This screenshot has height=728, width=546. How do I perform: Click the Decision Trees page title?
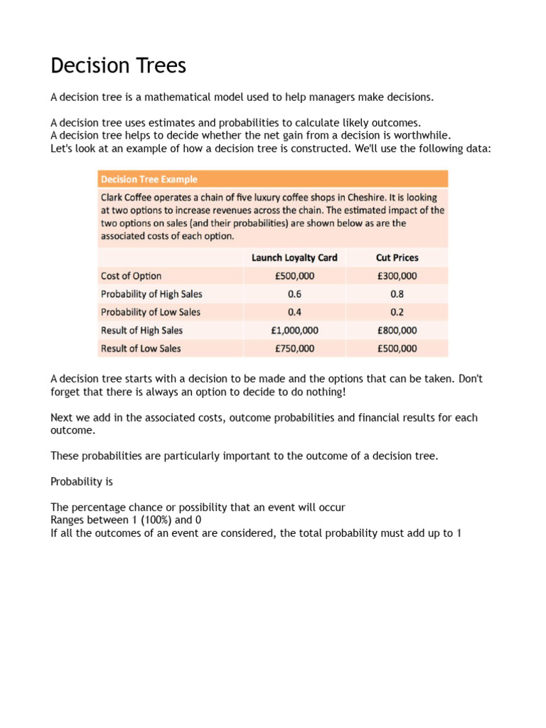pyautogui.click(x=118, y=66)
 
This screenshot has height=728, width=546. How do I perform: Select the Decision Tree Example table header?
pyautogui.click(x=149, y=179)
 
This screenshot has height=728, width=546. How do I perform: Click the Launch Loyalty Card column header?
pyautogui.click(x=294, y=257)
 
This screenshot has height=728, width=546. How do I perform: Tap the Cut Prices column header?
pyautogui.click(x=397, y=257)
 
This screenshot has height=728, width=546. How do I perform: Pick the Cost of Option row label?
pyautogui.click(x=132, y=276)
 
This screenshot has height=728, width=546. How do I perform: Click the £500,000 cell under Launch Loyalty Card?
pyautogui.click(x=294, y=276)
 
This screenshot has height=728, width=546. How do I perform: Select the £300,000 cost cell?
pyautogui.click(x=397, y=276)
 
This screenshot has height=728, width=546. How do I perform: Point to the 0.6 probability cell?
pyautogui.click(x=294, y=294)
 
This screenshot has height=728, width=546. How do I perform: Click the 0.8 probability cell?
pyautogui.click(x=397, y=294)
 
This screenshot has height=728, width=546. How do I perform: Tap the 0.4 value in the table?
pyautogui.click(x=294, y=312)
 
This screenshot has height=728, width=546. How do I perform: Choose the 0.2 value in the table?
pyautogui.click(x=397, y=312)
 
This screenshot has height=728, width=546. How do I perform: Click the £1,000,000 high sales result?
pyautogui.click(x=294, y=331)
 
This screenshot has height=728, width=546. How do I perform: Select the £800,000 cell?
pyautogui.click(x=397, y=331)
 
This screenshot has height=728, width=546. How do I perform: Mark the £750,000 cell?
pyautogui.click(x=294, y=348)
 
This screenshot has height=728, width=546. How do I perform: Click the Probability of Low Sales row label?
pyautogui.click(x=151, y=312)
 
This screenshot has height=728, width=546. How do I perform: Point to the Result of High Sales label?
pyautogui.click(x=141, y=331)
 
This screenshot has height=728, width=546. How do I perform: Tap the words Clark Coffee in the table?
pyautogui.click(x=129, y=197)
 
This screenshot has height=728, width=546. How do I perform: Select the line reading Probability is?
pyautogui.click(x=82, y=481)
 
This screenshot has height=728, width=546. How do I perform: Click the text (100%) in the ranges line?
pyautogui.click(x=146, y=520)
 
